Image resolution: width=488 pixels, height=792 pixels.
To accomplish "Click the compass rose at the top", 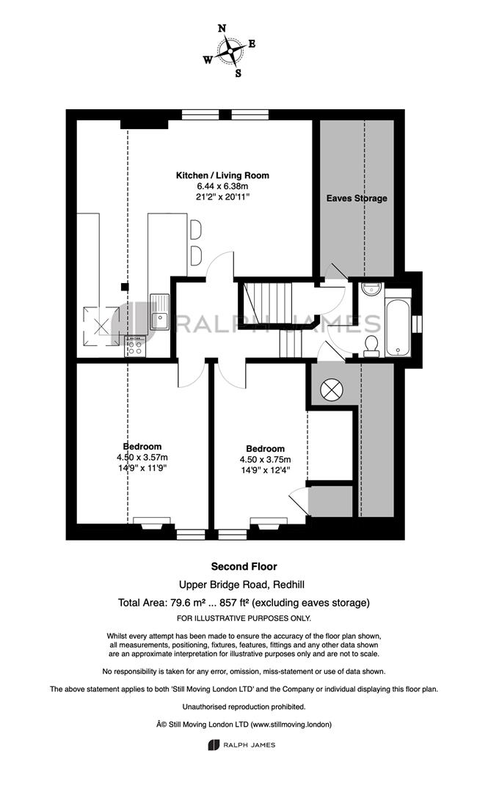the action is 230,51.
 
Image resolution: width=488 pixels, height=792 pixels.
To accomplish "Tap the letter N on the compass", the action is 222,29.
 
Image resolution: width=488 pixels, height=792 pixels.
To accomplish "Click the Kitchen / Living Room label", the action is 222,175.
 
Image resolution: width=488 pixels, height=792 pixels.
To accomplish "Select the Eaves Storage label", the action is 357,198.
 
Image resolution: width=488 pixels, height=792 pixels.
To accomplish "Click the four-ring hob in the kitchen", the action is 134,346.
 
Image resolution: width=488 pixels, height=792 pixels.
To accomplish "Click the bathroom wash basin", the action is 372,288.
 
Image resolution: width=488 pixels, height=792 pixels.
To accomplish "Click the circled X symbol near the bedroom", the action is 332,389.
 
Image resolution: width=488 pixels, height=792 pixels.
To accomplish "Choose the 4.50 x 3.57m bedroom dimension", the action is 142,457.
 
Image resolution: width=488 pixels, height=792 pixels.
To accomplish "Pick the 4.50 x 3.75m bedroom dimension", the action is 266,460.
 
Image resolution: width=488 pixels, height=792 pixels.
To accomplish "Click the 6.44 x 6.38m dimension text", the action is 222,186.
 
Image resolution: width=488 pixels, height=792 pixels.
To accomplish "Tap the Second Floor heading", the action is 244,567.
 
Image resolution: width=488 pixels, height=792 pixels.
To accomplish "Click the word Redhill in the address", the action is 288,585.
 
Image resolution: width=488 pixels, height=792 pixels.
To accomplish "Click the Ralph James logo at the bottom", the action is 242,744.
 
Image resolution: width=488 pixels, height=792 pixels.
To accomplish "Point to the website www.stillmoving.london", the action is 291,725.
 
